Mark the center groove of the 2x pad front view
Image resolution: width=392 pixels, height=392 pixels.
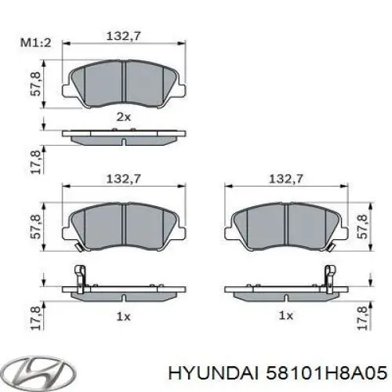125,81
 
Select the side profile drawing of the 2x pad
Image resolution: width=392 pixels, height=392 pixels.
125,139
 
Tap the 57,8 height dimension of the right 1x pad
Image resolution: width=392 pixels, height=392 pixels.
361,226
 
